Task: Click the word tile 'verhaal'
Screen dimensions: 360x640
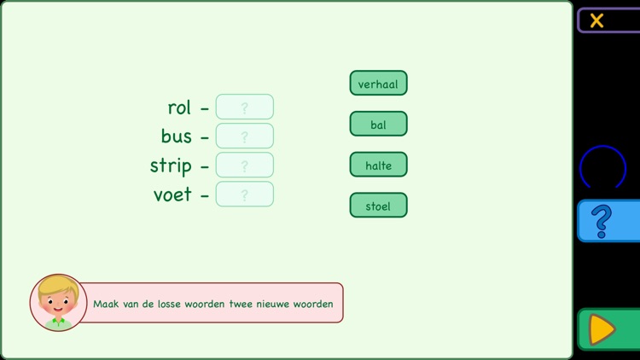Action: (378, 84)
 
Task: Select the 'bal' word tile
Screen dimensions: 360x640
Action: (378, 125)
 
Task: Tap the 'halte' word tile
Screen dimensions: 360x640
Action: (378, 165)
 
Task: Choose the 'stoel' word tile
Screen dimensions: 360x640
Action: (378, 206)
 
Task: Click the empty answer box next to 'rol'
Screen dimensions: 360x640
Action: (245, 107)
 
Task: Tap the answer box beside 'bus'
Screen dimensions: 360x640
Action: (245, 136)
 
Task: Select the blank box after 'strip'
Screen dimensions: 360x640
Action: (245, 165)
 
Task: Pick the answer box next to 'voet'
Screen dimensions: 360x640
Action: (245, 195)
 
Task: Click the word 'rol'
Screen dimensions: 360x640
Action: (179, 107)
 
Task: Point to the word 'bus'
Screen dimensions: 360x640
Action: (176, 136)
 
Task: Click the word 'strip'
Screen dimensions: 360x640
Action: (171, 166)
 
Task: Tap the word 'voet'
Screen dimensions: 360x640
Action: (172, 195)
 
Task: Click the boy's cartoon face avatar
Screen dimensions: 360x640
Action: (58, 302)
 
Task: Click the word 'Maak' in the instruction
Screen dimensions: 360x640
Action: (105, 304)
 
